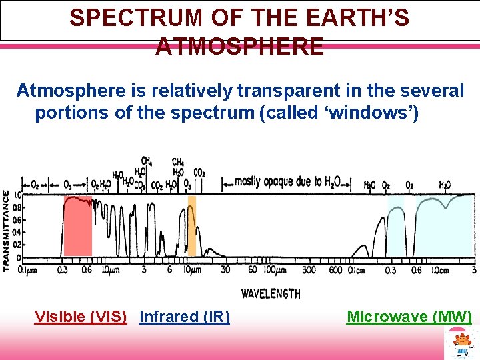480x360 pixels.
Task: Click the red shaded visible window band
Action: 77,227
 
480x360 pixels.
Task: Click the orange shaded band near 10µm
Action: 192,227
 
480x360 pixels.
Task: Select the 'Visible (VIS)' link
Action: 81,317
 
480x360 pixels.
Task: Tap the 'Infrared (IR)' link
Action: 184,317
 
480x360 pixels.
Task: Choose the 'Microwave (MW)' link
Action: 409,317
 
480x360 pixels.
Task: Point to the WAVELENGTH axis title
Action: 270,293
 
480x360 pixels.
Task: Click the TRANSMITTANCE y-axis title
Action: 6,229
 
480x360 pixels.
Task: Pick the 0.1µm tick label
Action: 28,269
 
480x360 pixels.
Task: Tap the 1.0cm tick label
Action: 440,269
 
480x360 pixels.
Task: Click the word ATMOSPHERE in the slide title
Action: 240,47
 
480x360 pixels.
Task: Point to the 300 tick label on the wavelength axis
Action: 309,269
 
